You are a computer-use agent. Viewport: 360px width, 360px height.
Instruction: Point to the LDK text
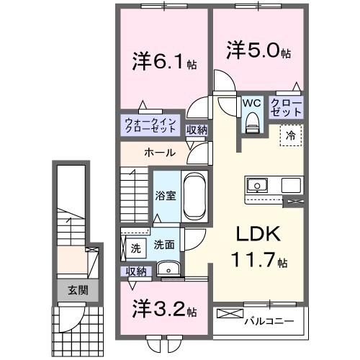(252, 235)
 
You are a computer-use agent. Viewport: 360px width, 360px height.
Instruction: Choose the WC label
(251, 104)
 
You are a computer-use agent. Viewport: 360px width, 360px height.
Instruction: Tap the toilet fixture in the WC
(251, 123)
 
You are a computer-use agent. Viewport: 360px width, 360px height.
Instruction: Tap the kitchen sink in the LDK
(257, 185)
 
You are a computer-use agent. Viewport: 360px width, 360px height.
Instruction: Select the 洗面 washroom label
(163, 245)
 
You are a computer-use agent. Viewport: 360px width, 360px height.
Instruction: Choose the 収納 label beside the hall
(197, 130)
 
